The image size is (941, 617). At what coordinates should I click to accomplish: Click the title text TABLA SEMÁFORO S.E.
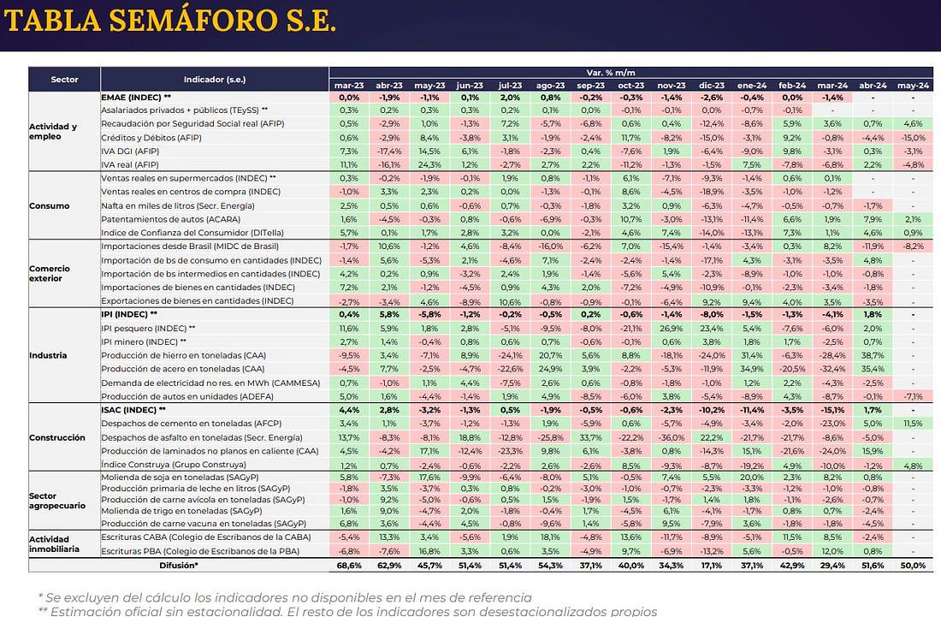(x=170, y=22)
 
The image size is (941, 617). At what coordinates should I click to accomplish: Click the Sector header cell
(x=64, y=80)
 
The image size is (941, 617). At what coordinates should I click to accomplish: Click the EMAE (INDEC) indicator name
(x=141, y=98)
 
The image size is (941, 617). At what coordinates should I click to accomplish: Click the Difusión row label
(x=179, y=566)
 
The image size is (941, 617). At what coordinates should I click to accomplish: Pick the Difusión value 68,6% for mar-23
(x=348, y=566)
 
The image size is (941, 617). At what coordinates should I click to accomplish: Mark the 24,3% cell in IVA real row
(x=429, y=164)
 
